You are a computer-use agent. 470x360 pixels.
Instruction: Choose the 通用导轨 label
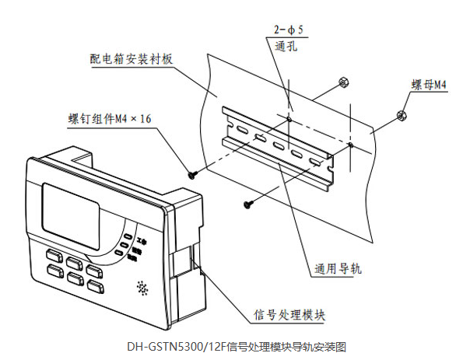tap(339, 270)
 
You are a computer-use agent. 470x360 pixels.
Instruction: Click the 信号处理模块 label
tap(290, 314)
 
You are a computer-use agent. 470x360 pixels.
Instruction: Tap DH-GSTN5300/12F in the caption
tap(172, 344)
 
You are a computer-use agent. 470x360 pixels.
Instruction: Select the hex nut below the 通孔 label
tap(341, 82)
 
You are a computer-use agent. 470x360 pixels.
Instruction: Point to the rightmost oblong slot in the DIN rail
tap(314, 161)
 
